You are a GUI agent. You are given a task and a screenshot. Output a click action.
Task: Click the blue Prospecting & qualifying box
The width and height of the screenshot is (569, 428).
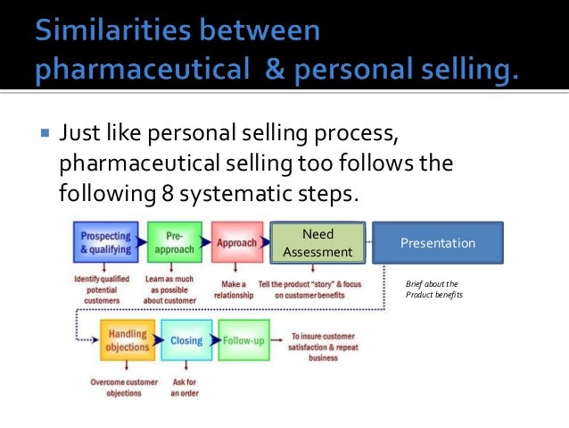tap(106, 242)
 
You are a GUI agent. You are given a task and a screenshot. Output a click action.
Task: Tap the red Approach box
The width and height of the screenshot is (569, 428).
tap(237, 242)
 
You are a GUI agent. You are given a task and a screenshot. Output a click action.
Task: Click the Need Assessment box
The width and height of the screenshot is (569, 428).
tap(317, 243)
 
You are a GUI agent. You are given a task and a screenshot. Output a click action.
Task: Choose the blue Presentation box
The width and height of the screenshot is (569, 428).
tap(437, 243)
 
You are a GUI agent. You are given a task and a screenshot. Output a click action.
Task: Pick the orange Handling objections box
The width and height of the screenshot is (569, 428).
tap(128, 340)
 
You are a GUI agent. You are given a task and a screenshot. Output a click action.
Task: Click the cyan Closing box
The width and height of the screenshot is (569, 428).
tap(187, 340)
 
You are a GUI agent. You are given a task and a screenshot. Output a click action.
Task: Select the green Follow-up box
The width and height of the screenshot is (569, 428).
tap(243, 340)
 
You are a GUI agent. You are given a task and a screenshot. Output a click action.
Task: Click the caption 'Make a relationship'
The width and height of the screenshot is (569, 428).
tap(236, 289)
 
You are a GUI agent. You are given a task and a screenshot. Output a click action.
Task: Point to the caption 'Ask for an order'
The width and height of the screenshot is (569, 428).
tap(184, 387)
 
